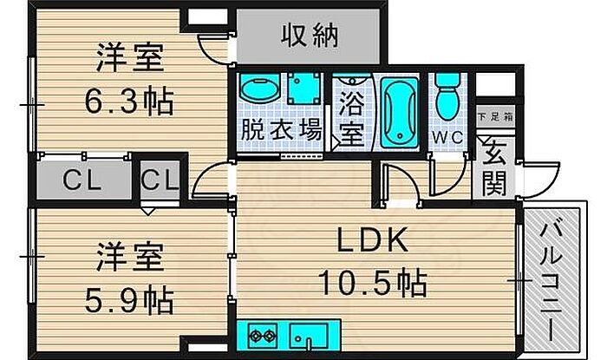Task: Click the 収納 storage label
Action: [x=310, y=36]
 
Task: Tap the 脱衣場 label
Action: [x=280, y=132]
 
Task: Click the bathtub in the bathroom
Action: [x=398, y=114]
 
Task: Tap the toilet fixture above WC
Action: [x=447, y=96]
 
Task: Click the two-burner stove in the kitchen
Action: [x=262, y=333]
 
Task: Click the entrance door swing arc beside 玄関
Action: [x=541, y=179]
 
